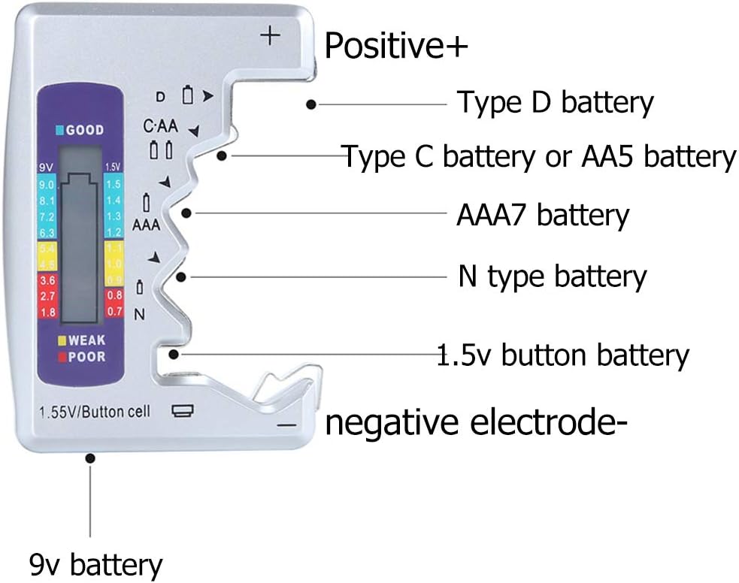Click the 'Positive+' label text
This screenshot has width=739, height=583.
click(396, 47)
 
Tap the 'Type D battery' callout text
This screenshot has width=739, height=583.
click(556, 102)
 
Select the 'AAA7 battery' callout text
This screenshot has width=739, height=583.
click(542, 215)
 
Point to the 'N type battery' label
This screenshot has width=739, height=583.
click(552, 276)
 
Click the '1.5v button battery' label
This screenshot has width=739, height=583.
click(563, 355)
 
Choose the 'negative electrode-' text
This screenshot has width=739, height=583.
click(476, 423)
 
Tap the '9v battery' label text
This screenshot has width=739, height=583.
click(95, 563)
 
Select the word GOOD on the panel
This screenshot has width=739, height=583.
click(84, 130)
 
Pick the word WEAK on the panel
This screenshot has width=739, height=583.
click(87, 340)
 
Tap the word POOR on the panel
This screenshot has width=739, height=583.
click(87, 356)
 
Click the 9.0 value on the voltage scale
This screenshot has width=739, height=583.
click(47, 185)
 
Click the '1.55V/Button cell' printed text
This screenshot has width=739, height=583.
click(95, 411)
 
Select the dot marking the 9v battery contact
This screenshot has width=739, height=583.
click(91, 457)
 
